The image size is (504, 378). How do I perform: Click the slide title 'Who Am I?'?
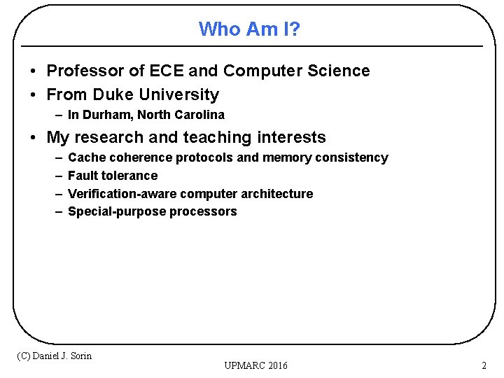coord(249,29)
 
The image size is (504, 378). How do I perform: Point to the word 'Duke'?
coord(113,94)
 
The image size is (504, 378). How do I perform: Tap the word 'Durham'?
coord(107,115)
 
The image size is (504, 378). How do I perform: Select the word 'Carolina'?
coord(200,115)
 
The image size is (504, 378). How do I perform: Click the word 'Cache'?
coord(85,157)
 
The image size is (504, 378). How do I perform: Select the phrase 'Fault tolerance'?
coord(113,176)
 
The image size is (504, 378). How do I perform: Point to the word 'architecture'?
coord(277,194)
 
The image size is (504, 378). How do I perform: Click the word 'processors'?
coord(203,211)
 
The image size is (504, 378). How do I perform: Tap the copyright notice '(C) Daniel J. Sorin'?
coord(55,356)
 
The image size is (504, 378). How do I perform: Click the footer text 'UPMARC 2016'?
coord(256,365)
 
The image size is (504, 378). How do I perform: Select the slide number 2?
coord(484,365)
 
